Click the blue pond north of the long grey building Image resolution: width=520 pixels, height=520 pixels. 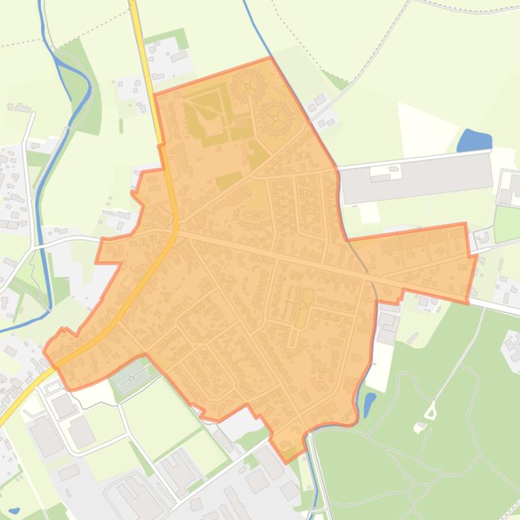pyautogui.click(x=474, y=140)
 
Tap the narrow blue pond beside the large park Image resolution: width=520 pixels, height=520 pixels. pyautogui.click(x=369, y=405)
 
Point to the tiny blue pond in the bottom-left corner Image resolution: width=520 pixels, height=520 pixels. pyautogui.click(x=14, y=510)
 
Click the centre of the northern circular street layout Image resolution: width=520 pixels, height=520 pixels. pyautogui.click(x=247, y=86)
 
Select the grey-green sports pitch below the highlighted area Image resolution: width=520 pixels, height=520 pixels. pyautogui.click(x=134, y=375)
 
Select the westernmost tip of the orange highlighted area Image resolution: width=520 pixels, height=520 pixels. pyautogui.click(x=45, y=350)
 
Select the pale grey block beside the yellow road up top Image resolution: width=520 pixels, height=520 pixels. pyautogui.click(x=170, y=57)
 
